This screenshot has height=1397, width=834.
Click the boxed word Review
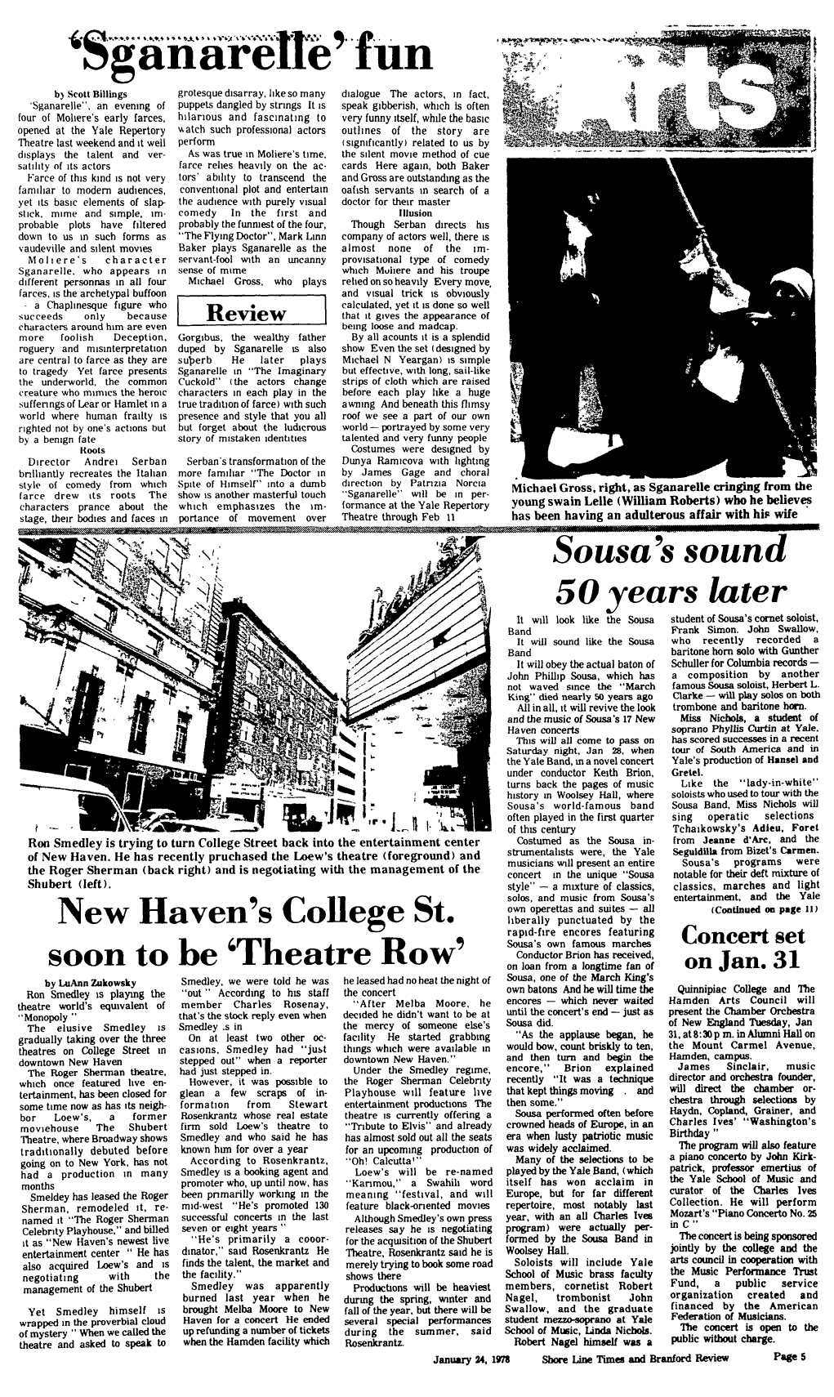248,313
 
